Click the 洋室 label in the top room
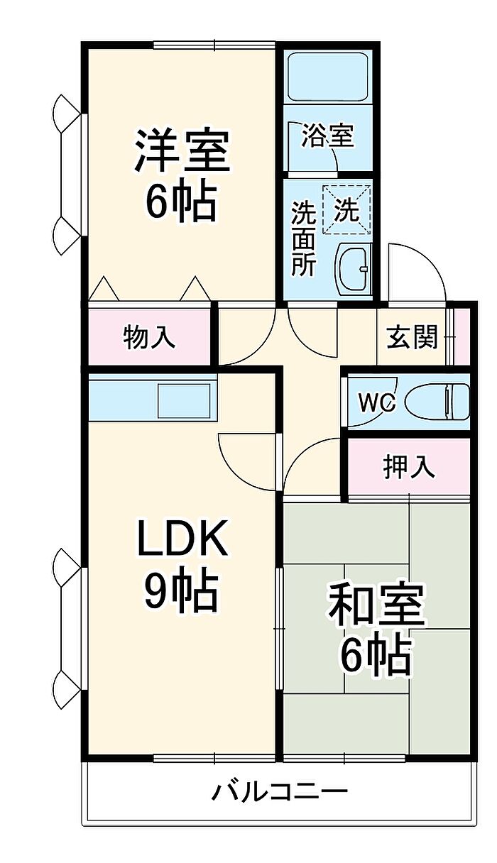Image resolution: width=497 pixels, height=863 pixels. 182,151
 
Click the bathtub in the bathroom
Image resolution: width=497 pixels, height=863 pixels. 328,77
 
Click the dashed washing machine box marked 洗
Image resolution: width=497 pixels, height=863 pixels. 346,209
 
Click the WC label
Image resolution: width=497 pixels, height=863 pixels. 377,403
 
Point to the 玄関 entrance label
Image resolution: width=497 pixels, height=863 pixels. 413,336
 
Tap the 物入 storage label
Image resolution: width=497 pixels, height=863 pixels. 149,338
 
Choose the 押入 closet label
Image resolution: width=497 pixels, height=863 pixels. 409,466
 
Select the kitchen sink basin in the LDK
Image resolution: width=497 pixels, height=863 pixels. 184,401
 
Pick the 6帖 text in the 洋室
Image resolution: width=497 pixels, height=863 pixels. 180,201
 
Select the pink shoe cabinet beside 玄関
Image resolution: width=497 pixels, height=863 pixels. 462,336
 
